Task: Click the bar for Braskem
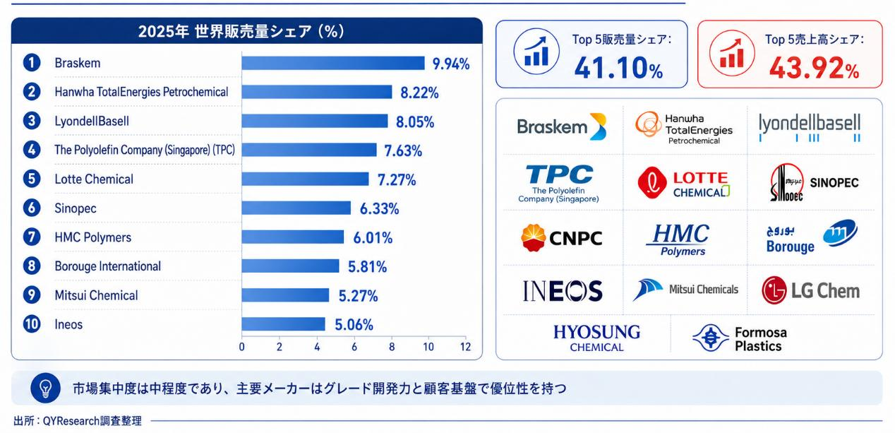[x=333, y=63]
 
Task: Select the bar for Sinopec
[x=296, y=208]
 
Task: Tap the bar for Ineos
[x=283, y=324]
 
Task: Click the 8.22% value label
[x=419, y=93]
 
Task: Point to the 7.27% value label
[x=397, y=180]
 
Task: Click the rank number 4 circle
[x=32, y=150]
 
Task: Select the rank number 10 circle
[x=32, y=324]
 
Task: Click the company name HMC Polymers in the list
[x=92, y=237]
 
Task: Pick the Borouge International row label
[x=108, y=266]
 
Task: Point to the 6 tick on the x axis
[x=354, y=347]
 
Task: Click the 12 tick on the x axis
[x=465, y=347]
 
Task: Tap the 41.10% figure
[x=618, y=67]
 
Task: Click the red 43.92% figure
[x=814, y=68]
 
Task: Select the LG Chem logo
[x=811, y=290]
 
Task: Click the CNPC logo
[x=561, y=238]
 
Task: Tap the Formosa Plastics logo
[x=740, y=338]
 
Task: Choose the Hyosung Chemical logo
[x=596, y=338]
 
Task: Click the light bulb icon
[x=46, y=388]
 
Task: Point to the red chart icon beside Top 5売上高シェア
[x=732, y=53]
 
